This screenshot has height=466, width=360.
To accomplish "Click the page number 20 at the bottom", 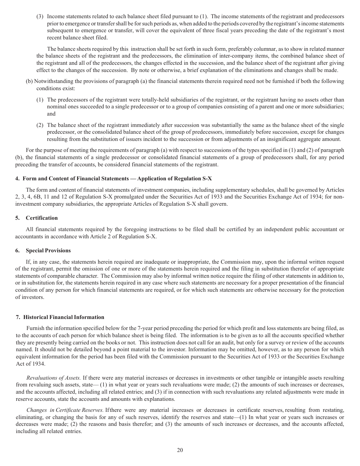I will pyautogui.click(x=180, y=450).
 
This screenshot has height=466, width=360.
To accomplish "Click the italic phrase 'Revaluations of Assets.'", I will pyautogui.click(x=53, y=378).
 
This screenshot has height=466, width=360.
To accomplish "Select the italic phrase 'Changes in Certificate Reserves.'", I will pyautogui.click(x=65, y=410).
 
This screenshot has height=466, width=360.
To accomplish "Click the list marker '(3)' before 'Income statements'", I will pyautogui.click(x=40, y=17).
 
